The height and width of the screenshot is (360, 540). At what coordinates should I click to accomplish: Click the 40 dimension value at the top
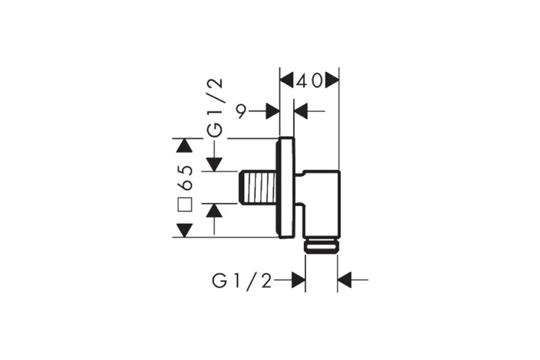[x=310, y=81]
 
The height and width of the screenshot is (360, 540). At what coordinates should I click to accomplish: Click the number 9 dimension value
[x=242, y=112]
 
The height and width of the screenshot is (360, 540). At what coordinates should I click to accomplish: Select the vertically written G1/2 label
[x=215, y=108]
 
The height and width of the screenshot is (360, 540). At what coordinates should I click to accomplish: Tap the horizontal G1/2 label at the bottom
[x=242, y=281]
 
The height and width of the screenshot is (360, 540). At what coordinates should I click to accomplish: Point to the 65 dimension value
[x=186, y=178]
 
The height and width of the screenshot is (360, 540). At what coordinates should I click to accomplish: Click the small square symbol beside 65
[x=184, y=204]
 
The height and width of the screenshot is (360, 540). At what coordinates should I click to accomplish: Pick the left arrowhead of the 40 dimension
[x=287, y=81]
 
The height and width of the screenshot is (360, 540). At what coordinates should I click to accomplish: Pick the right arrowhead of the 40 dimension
[x=333, y=81]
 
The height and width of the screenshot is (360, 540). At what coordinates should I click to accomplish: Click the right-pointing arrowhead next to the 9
[x=273, y=112]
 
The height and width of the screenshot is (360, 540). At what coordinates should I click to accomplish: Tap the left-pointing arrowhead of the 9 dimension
[x=301, y=112]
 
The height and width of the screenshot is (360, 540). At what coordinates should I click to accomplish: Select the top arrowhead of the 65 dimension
[x=184, y=145]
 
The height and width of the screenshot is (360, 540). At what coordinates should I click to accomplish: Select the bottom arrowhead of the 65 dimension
[x=184, y=230]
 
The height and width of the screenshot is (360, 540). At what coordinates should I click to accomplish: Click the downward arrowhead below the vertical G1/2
[x=215, y=164]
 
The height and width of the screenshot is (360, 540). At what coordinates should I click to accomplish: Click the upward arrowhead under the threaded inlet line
[x=215, y=210]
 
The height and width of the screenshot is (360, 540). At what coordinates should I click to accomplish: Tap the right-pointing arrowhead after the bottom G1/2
[x=299, y=280]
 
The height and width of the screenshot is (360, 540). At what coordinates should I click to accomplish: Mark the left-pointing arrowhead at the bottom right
[x=344, y=280]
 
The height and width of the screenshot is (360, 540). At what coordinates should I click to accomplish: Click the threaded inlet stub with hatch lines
[x=258, y=187]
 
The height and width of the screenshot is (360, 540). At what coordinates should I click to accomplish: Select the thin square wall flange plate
[x=286, y=188]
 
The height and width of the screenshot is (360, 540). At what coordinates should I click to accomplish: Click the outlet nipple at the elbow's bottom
[x=322, y=247]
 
